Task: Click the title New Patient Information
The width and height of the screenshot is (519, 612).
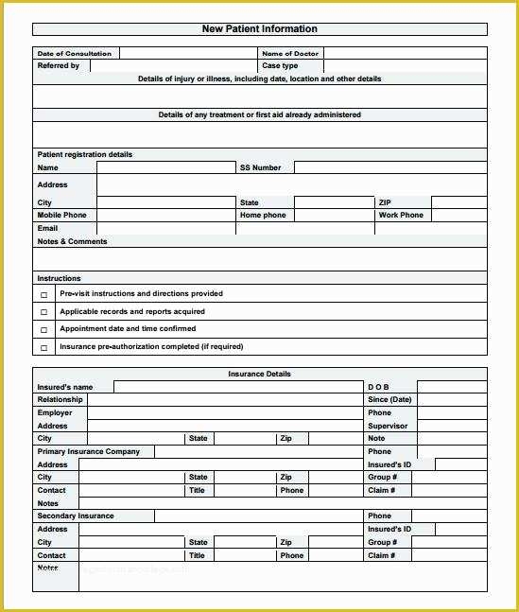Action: click(259, 29)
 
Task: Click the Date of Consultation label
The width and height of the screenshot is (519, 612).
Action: click(75, 54)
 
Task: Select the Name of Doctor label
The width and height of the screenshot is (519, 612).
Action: click(290, 54)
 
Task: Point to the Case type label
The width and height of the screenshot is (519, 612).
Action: click(280, 66)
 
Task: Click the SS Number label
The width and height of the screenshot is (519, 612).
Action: click(261, 167)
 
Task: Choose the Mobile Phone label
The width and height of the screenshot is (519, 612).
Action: click(61, 216)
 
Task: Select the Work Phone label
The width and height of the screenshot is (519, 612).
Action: click(401, 216)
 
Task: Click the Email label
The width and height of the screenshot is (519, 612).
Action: click(47, 228)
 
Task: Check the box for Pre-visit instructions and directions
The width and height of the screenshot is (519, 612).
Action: click(43, 295)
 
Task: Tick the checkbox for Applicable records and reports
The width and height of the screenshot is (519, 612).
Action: click(43, 312)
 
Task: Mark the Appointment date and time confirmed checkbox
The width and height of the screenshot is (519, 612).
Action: click(43, 330)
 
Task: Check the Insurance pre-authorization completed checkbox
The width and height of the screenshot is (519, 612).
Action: click(43, 348)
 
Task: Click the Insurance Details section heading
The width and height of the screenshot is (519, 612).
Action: click(259, 375)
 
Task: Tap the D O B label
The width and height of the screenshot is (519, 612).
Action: click(378, 387)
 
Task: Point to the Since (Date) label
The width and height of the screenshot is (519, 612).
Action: click(389, 399)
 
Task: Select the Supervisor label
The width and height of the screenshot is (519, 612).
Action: click(388, 426)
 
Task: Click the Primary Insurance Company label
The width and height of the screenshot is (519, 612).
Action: click(88, 452)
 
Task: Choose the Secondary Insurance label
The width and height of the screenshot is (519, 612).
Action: click(76, 516)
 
